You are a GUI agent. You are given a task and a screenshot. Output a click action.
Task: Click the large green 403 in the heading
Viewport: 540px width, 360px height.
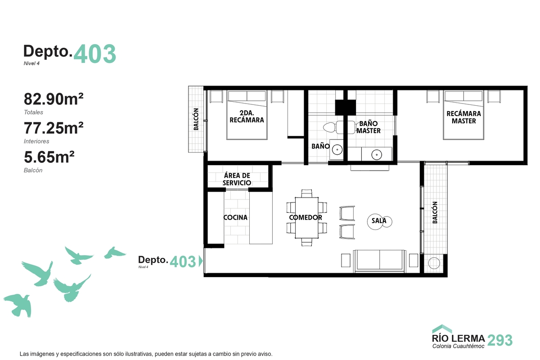[95, 54]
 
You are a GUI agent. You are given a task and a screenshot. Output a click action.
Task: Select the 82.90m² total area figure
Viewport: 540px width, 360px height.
[54, 99]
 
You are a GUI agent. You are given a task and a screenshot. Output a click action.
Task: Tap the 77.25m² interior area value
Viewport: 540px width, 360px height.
[54, 128]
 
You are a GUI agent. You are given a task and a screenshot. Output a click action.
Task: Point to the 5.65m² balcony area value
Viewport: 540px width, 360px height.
[49, 157]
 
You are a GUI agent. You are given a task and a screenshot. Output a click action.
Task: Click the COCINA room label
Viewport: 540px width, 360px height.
[235, 217]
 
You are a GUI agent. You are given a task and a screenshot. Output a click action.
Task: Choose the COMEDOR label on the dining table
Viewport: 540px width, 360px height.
[306, 217]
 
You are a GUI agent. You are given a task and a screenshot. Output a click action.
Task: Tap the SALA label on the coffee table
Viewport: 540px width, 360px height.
[379, 220]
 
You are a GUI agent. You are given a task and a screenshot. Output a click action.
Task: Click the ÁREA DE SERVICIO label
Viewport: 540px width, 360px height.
[237, 179]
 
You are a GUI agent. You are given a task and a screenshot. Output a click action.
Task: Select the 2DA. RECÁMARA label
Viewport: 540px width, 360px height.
[247, 117]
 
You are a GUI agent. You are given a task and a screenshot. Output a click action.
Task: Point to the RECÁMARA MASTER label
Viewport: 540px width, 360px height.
[463, 117]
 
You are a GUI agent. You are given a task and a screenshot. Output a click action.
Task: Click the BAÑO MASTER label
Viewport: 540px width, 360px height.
[369, 127]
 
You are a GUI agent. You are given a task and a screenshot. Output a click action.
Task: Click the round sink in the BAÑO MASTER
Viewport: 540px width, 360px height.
[377, 155]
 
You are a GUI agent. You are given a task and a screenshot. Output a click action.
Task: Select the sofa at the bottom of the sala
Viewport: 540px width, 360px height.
[380, 261]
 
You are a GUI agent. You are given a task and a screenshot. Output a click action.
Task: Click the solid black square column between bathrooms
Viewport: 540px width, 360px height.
[346, 107]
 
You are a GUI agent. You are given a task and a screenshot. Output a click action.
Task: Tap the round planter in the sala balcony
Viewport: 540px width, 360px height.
[434, 263]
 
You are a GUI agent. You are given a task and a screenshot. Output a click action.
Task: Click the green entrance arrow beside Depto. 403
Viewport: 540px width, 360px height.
[201, 261]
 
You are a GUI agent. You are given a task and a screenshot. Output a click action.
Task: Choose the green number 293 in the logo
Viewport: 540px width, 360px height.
[500, 340]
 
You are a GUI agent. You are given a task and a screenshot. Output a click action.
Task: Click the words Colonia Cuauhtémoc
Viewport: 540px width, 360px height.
[458, 346]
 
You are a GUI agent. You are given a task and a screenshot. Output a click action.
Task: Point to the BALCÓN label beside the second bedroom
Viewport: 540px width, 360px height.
[196, 119]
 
